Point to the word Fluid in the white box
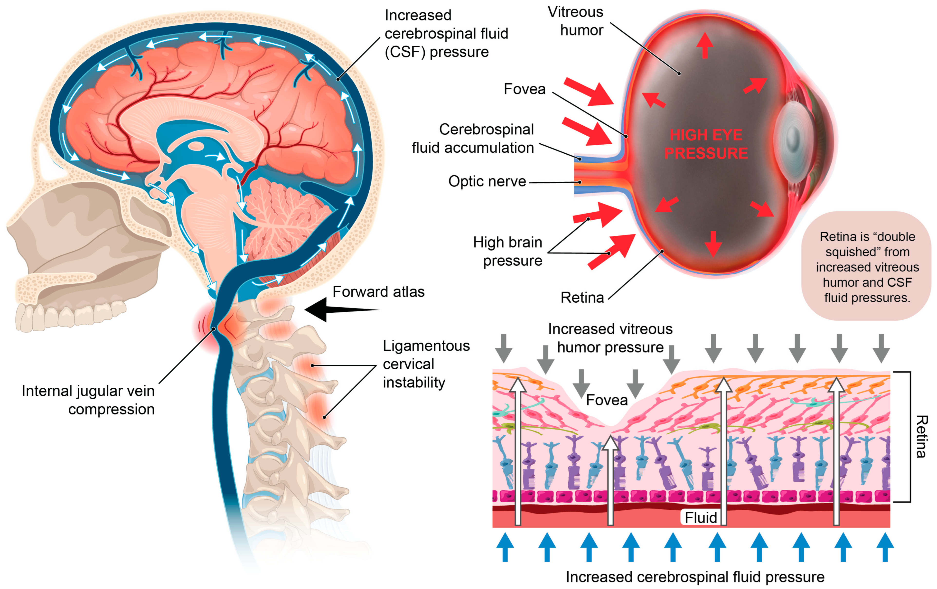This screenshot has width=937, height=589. point(700,517)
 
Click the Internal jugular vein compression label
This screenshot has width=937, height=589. point(88,400)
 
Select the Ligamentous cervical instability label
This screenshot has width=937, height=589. point(426,364)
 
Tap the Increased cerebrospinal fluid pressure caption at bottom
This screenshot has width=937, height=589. point(695,577)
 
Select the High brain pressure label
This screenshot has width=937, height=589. point(508,251)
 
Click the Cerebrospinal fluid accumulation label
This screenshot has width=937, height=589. point(473,139)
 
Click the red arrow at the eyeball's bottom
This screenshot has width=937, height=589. point(713,243)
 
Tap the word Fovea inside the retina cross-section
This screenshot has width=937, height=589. point(607,400)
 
